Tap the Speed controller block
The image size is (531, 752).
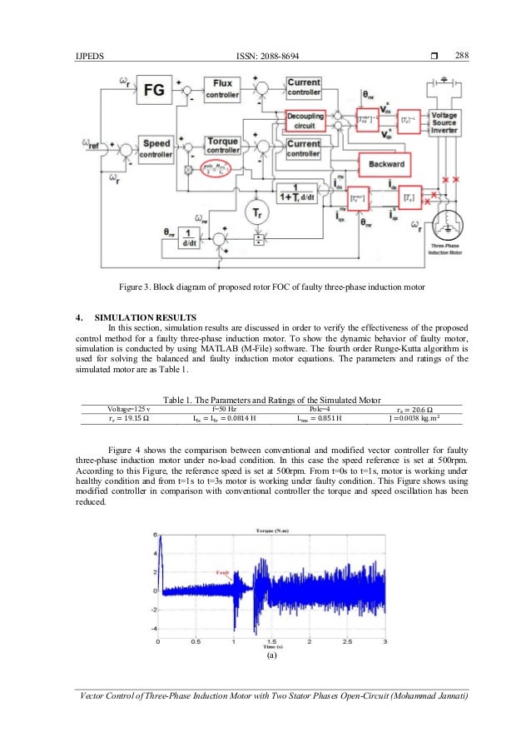pos(156,149)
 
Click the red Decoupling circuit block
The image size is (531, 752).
pos(307,120)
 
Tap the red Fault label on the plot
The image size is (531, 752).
pos(222,572)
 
